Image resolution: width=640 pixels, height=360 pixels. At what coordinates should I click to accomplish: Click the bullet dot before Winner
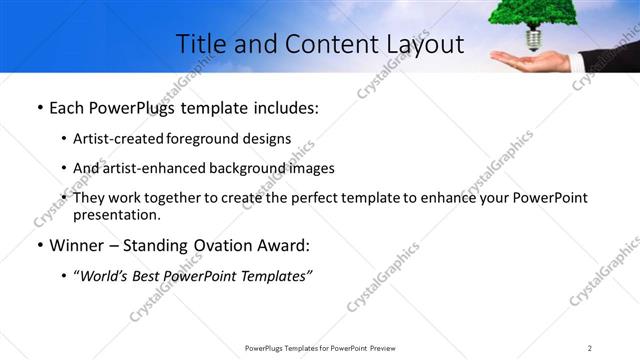point(39,246)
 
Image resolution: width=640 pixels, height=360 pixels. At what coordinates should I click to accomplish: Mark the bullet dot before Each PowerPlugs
point(39,108)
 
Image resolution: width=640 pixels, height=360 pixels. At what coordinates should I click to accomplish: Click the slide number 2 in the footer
point(590,348)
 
